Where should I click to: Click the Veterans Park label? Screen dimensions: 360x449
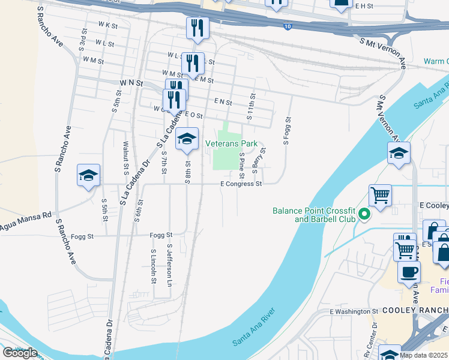[x=231, y=143]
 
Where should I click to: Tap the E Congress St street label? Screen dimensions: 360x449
[x=242, y=184]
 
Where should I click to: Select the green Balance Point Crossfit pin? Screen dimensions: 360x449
[x=363, y=214]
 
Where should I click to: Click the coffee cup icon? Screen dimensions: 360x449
[x=410, y=271]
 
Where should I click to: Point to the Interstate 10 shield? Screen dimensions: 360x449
[x=289, y=27]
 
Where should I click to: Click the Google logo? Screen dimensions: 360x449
[x=20, y=352]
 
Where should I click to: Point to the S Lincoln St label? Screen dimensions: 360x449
[x=154, y=266]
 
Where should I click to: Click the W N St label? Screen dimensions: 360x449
[x=130, y=82]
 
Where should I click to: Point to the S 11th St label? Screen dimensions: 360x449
[x=253, y=106]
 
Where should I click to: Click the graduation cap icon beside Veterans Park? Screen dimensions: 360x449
[x=187, y=139]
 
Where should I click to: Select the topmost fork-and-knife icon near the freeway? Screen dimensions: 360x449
[x=197, y=27]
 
